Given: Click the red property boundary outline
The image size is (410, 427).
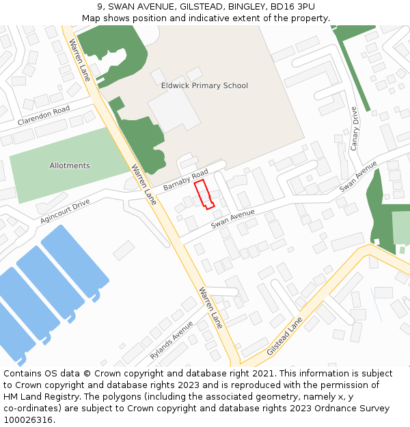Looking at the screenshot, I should pos(204,193).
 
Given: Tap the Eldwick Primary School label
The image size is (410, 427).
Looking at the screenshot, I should pos(204,85).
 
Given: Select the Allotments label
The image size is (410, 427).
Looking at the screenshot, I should pos(70,166).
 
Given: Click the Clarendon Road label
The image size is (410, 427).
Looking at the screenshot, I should pos(44,115).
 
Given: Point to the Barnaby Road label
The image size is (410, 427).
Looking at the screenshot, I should pos(186,180).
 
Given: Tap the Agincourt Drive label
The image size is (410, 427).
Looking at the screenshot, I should pos(65,212).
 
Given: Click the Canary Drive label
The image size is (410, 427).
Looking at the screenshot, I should pos(354,128).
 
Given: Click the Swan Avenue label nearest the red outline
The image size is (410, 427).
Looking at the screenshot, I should pos(232,219).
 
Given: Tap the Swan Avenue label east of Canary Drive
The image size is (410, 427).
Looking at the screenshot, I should pos(358,176).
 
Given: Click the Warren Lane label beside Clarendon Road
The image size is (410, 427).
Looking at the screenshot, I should pos(79,60).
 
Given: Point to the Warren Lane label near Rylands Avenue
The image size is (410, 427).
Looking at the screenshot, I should pos(210,307).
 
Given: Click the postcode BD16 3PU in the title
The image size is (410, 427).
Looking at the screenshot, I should pos(292,7).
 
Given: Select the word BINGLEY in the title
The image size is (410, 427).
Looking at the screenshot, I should pos(247,7).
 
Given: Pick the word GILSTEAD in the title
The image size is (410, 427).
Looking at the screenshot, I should pos(201,7).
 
